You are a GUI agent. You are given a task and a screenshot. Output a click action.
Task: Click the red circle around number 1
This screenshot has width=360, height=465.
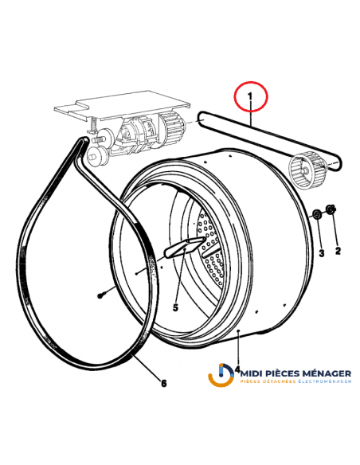pos(251,100)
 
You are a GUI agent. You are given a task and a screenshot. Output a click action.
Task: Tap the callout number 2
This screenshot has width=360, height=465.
pos(337,251)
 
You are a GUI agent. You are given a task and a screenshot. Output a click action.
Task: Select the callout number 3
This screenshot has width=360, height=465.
pos(321,253)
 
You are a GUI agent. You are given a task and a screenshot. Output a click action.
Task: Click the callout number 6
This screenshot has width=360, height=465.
pos(164,384)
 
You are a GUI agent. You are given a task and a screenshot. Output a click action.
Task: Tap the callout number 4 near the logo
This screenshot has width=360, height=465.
pos(237,369)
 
